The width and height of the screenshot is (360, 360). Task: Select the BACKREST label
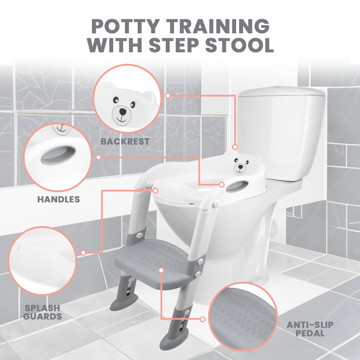tap(125, 141)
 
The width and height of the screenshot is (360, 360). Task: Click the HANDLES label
tap(59, 199)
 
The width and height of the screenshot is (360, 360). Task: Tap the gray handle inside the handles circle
tap(58, 155)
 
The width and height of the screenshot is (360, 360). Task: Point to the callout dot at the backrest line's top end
tap(168, 95)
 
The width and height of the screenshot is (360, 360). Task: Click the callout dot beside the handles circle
tap(98, 157)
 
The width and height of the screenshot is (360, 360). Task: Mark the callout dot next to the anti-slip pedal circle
tap(202, 319)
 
